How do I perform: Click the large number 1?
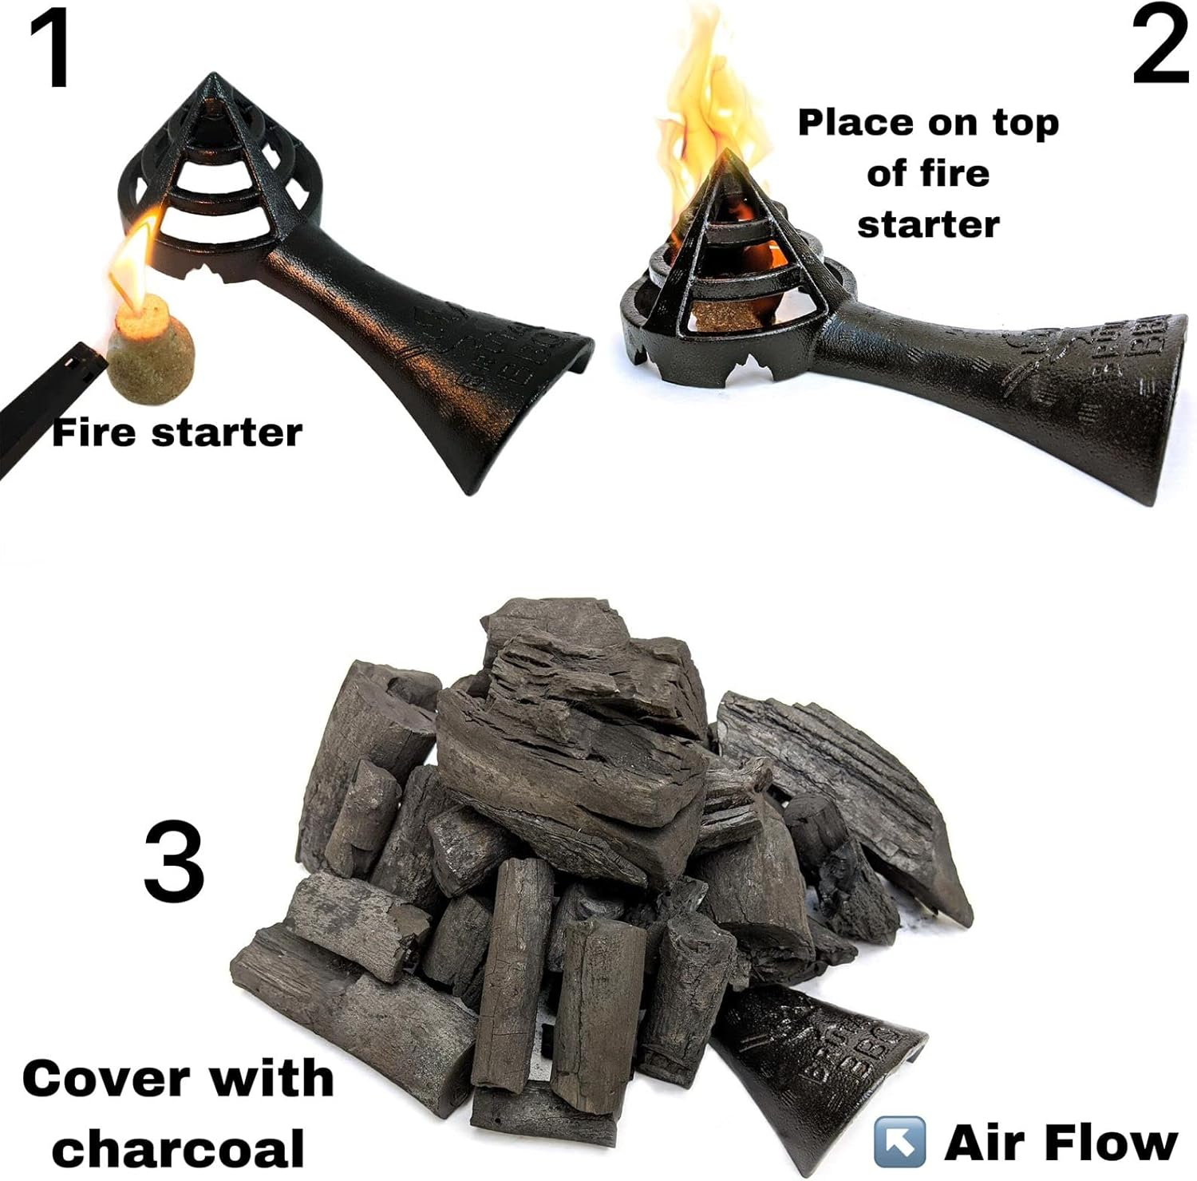(52, 48)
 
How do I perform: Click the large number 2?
(1159, 46)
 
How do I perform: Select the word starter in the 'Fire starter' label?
(227, 433)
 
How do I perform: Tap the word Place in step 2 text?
(856, 123)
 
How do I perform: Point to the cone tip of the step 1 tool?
(212, 80)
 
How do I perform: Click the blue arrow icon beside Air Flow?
(899, 1143)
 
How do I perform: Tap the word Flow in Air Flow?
(1113, 1143)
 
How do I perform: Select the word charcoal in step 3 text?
(178, 1147)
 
